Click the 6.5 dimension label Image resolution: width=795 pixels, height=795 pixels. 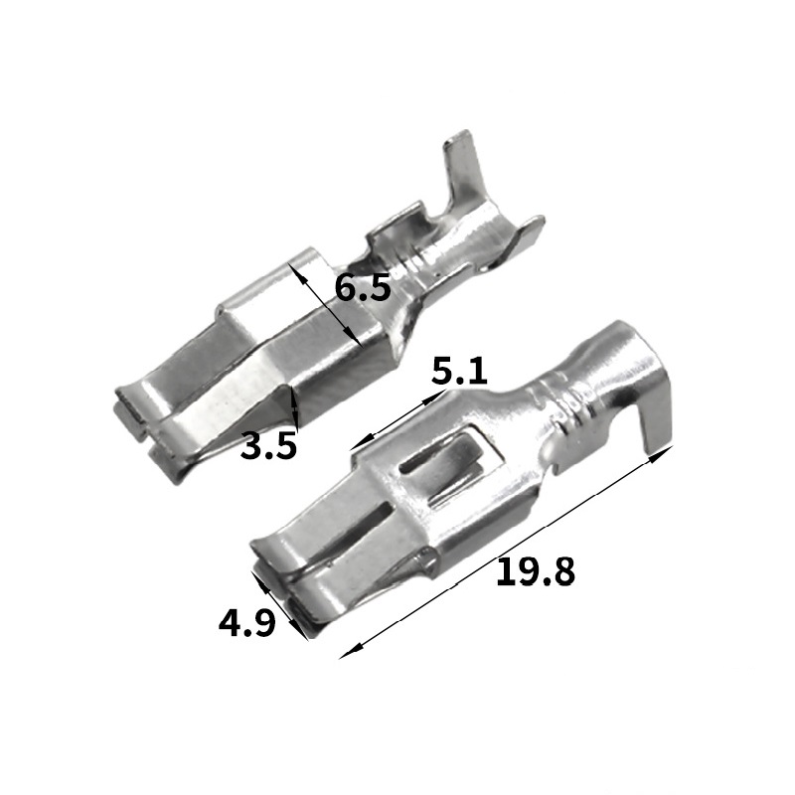pos(363,288)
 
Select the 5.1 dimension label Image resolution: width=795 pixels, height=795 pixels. pos(459,371)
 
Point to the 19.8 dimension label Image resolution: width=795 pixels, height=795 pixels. pos(536,571)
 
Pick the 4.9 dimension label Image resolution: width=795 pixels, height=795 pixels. pos(246,622)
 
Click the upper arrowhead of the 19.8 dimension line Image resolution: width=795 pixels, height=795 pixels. pos(663,453)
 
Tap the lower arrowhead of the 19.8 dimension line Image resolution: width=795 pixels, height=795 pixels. pos(351,652)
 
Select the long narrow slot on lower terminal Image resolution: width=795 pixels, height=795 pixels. pos(354,527)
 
